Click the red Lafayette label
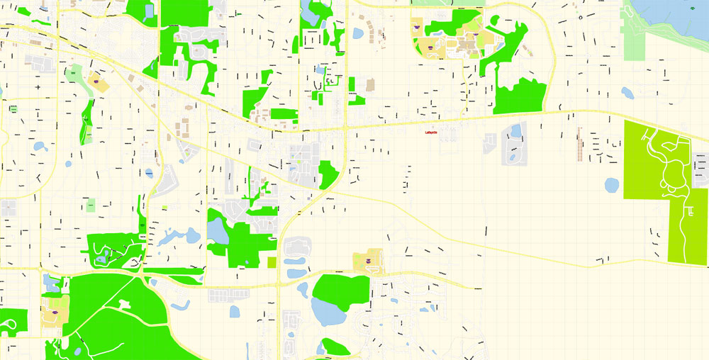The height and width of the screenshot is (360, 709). point(430,133)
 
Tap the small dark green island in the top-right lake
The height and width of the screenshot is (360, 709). point(693,8)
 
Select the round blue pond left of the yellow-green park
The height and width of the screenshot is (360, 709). point(612,185)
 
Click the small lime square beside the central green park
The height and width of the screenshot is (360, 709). point(272,262)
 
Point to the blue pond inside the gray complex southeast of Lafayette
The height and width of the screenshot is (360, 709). point(515,130)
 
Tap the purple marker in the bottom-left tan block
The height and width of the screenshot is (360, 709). point(54,312)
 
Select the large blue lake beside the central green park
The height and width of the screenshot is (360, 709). point(217,231)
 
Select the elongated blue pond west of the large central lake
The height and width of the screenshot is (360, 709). point(170,237)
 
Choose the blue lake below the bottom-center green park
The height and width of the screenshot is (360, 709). point(332,312)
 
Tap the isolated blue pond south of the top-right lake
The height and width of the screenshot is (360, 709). point(627,92)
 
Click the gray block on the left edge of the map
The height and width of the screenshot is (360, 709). point(9,208)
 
